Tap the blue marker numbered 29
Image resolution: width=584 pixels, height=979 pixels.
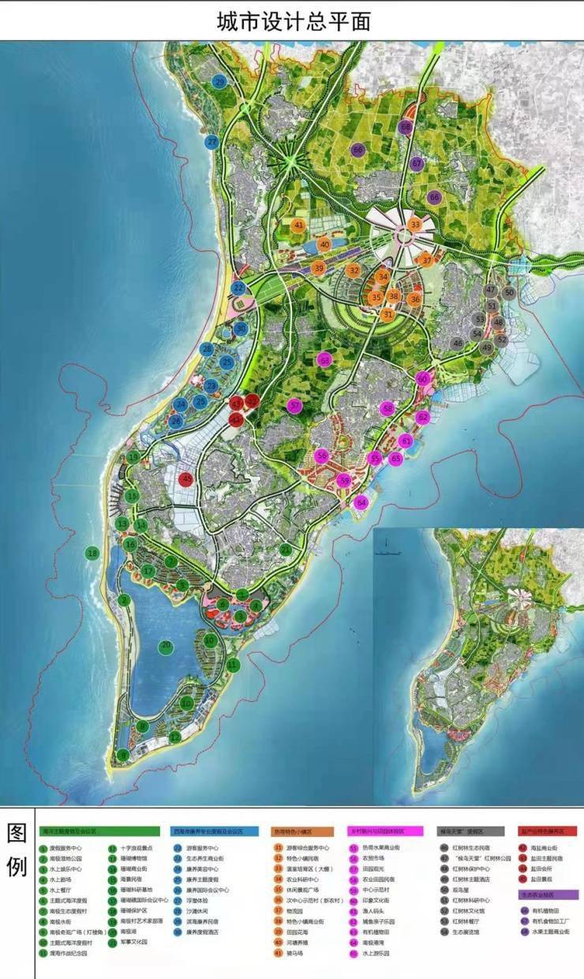pos(219,82)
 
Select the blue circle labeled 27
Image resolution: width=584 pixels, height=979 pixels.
pos(212,142)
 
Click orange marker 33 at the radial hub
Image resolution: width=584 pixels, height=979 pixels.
pos(415,225)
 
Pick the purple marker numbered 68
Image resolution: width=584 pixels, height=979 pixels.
pos(406,126)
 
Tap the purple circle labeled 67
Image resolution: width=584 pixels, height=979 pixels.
pos(417,163)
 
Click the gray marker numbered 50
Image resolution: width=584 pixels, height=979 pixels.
pos(509,292)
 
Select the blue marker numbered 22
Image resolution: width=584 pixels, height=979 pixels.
pos(238,289)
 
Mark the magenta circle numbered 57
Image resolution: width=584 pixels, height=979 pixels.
pos(294,407)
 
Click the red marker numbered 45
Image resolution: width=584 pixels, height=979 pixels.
pos(187,479)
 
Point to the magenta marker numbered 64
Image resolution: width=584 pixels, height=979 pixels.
pos(361,502)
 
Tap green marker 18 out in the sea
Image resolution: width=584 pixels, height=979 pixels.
pos(93,553)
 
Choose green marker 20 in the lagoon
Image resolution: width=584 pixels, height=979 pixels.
pos(166,646)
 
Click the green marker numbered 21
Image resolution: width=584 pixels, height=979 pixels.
pos(285,550)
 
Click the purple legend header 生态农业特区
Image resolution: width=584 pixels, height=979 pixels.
pos(548,895)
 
